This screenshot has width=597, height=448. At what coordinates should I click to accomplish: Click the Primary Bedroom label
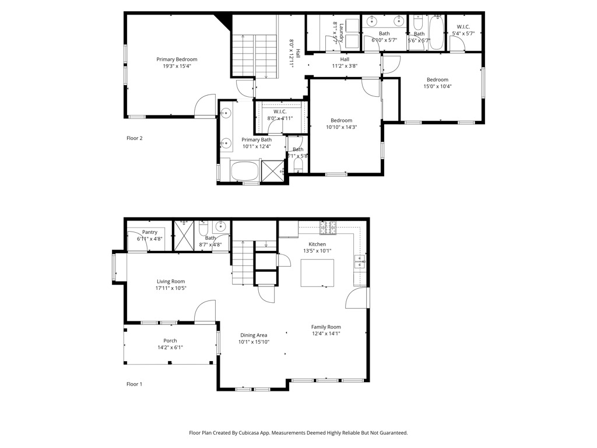[x=177, y=60]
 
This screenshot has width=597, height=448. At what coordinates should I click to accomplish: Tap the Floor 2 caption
[x=135, y=138]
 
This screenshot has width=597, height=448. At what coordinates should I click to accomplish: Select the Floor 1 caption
[x=135, y=384]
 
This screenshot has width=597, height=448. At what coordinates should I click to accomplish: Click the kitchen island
[x=318, y=273]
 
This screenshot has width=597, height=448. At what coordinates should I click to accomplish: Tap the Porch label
[x=170, y=341]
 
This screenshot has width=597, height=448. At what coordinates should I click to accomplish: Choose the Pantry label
[x=150, y=232]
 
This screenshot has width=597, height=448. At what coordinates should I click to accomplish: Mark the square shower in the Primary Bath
[x=272, y=171]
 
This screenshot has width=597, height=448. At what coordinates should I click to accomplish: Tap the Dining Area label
[x=254, y=335]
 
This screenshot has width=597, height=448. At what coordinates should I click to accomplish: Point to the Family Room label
[x=326, y=327]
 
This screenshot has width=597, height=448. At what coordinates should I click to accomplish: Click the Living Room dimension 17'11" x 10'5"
[x=171, y=288]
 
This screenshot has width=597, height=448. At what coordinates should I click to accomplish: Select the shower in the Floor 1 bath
[x=185, y=236]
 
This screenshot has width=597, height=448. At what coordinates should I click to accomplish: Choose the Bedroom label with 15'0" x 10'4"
[x=437, y=80]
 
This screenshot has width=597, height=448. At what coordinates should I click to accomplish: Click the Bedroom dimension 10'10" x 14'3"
[x=341, y=127]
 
